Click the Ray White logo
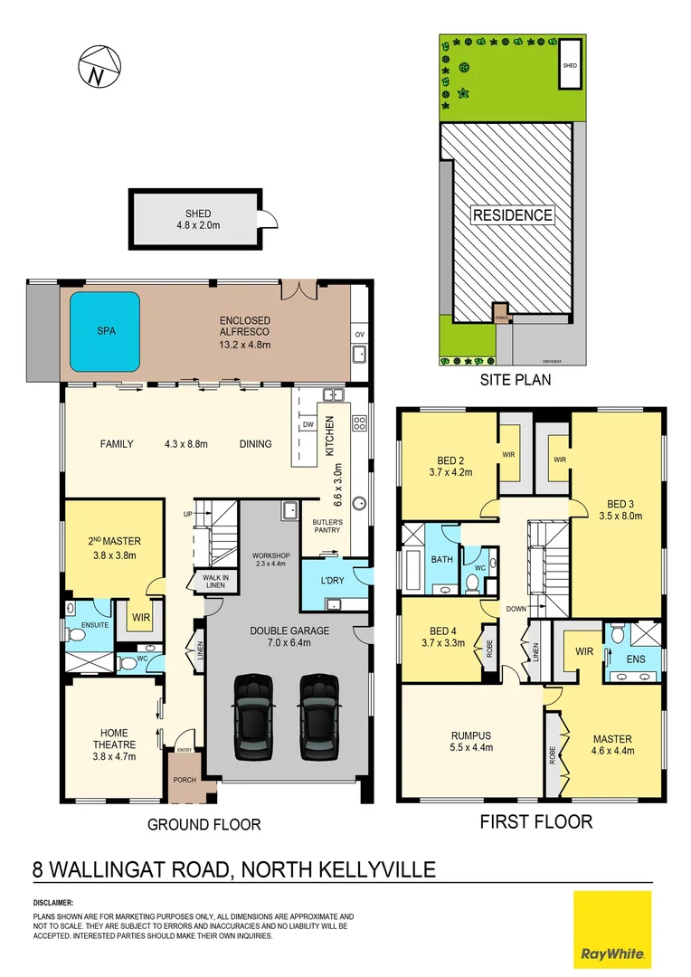pos(612,929)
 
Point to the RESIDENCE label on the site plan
pos(511,215)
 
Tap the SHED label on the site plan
pos(569,66)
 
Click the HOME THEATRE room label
pos(114,739)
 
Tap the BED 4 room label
pos(441,638)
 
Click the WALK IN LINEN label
pos(213,582)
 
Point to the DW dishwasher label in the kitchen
pos(308,423)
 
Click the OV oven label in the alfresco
pos(360,335)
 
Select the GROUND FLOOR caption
pos(204,824)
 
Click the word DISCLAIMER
pos(53,903)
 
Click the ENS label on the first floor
pos(636,659)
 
